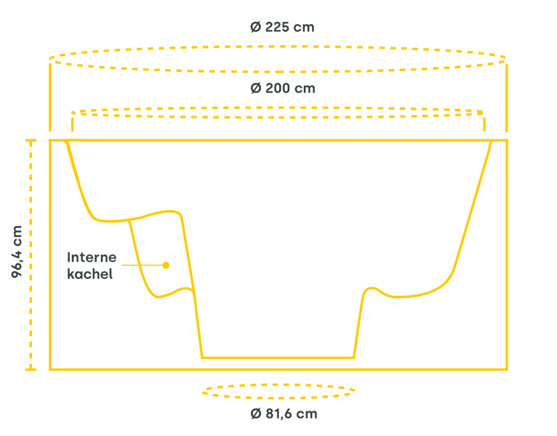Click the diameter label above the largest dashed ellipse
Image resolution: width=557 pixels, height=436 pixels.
(281, 28)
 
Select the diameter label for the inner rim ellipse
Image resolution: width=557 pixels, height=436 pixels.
(282, 88)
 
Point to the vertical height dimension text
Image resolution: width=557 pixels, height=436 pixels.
(16, 251)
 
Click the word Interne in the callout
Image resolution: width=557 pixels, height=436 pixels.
(92, 257)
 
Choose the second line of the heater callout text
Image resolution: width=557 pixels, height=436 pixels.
(90, 275)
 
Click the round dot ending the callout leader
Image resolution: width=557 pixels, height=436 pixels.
(166, 265)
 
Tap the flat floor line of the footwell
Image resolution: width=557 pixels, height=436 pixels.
(277, 358)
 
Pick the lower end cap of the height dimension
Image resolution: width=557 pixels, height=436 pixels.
(31, 369)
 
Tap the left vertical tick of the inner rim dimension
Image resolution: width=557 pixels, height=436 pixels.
(72, 122)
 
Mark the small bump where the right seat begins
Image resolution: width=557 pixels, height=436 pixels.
(371, 288)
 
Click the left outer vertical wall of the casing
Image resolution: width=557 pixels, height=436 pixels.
(50, 254)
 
